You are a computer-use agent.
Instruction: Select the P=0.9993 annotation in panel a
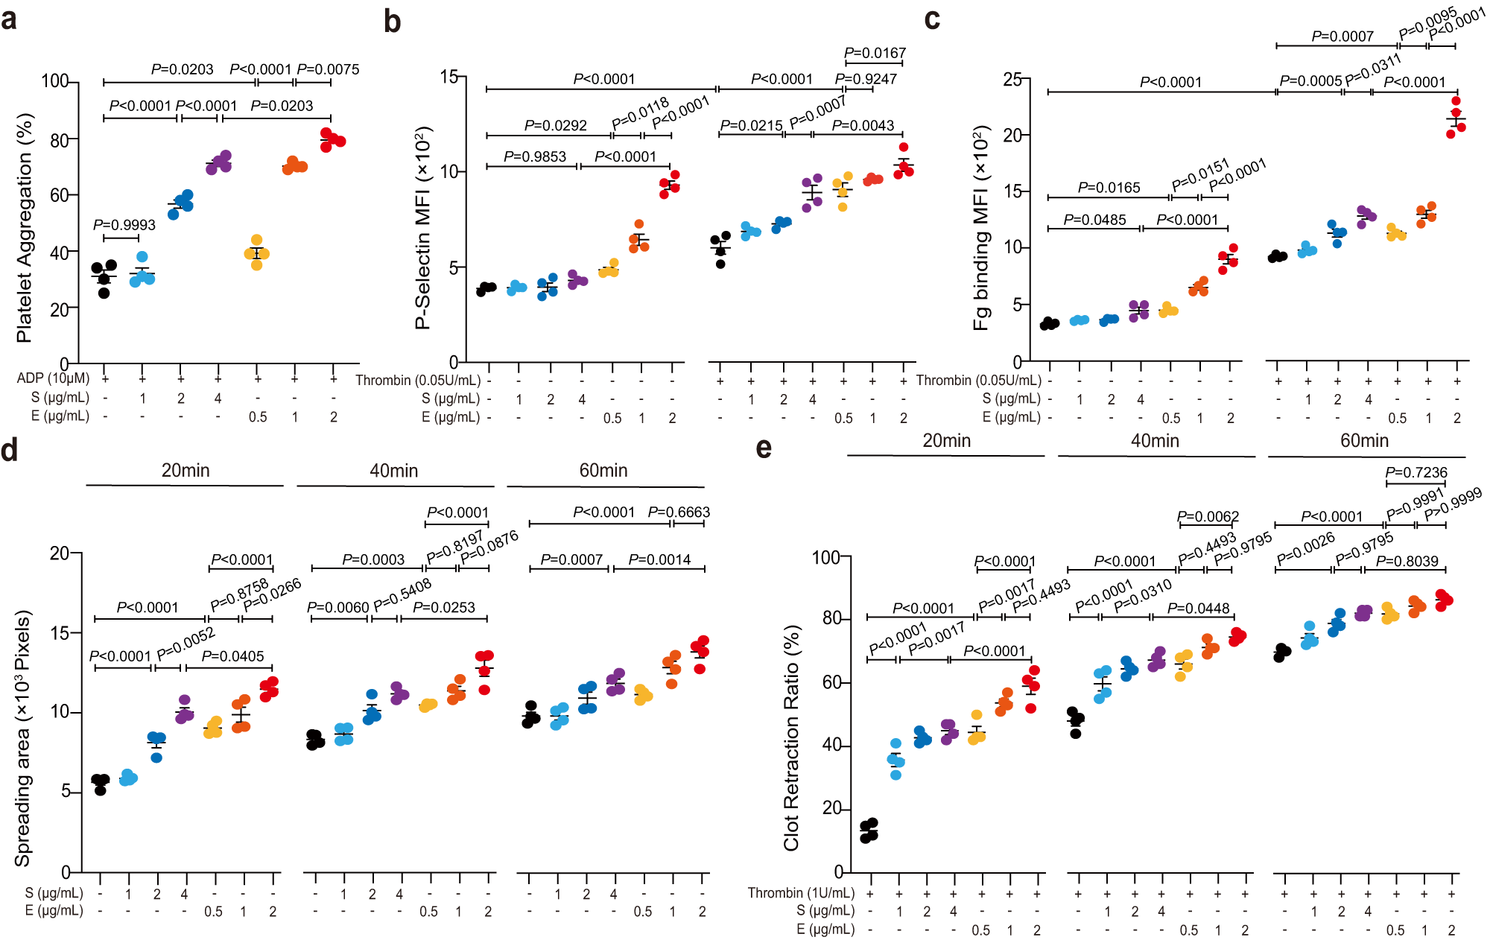pyautogui.click(x=124, y=225)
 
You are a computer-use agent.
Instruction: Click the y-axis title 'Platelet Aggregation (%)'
pyautogui.click(x=25, y=228)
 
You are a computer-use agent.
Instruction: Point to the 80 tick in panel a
pyautogui.click(x=59, y=139)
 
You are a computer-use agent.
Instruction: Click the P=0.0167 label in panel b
pyautogui.click(x=875, y=53)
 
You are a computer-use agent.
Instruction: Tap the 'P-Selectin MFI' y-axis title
pyautogui.click(x=422, y=228)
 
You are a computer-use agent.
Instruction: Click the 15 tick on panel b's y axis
pyautogui.click(x=448, y=77)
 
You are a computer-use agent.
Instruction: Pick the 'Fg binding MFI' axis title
pyautogui.click(x=981, y=228)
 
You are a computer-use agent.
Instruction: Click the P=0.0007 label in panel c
pyautogui.click(x=1342, y=36)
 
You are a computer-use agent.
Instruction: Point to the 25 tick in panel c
pyautogui.click(x=1012, y=79)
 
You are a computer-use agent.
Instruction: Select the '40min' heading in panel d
pyautogui.click(x=393, y=471)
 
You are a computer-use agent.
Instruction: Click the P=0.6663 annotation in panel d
pyautogui.click(x=679, y=512)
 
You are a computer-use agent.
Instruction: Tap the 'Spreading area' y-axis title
pyautogui.click(x=23, y=737)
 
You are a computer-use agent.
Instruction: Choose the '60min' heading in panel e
pyautogui.click(x=1364, y=441)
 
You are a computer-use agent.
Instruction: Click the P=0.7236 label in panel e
pyautogui.click(x=1415, y=472)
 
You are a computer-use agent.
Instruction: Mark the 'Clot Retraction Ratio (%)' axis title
pyautogui.click(x=790, y=737)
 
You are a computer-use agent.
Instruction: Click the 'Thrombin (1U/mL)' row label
pyautogui.click(x=801, y=892)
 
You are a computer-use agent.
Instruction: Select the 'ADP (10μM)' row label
pyautogui.click(x=53, y=378)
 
